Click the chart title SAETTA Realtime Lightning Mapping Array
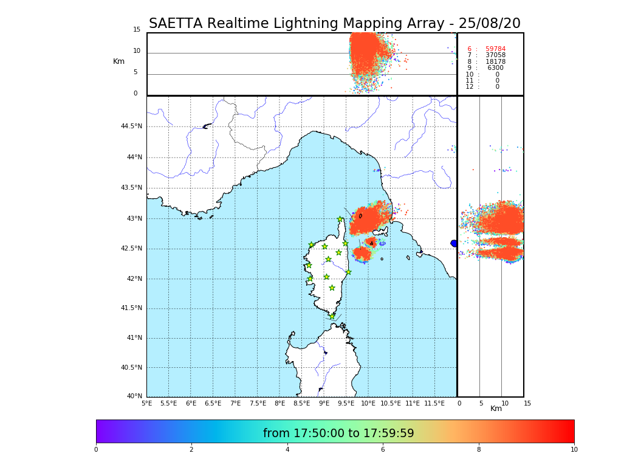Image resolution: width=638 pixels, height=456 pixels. (x=334, y=24)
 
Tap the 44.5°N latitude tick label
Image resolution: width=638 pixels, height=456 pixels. (x=131, y=126)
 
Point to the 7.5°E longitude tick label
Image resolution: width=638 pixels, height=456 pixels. (x=258, y=403)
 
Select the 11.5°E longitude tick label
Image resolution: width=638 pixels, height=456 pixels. (x=434, y=403)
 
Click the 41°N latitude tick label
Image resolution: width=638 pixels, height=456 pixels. (x=133, y=338)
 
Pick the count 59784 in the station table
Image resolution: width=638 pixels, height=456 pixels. (x=495, y=49)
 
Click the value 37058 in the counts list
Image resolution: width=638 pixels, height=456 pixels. (x=495, y=55)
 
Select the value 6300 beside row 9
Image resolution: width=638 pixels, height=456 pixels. (x=495, y=68)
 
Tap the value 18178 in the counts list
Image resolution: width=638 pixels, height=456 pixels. (x=495, y=62)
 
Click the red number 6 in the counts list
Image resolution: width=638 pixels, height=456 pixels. (x=469, y=49)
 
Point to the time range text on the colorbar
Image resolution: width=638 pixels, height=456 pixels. (x=338, y=434)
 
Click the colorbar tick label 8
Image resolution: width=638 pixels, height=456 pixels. (x=479, y=450)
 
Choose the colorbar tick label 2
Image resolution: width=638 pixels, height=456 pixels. (x=191, y=450)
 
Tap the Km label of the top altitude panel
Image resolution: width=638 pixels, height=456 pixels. (x=118, y=61)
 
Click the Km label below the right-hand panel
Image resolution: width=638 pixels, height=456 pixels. (x=496, y=409)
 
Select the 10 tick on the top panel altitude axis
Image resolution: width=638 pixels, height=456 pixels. (x=137, y=51)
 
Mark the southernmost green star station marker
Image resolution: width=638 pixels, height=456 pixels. (x=332, y=316)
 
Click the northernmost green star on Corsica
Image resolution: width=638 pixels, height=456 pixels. (x=340, y=219)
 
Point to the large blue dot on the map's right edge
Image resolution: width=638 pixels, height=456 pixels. (x=454, y=243)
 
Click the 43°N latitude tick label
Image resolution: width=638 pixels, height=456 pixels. (x=133, y=219)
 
